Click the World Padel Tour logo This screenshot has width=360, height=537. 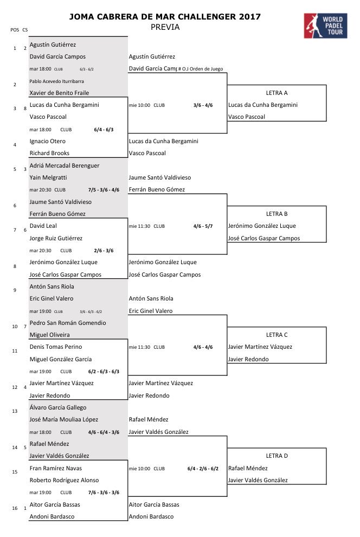coord(326,25)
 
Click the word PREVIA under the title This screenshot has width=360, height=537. coord(165,27)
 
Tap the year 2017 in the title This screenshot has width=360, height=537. coord(249,17)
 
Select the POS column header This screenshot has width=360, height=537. coord(15,29)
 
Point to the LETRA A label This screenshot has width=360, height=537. coord(277,93)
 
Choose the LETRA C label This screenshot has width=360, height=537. coord(277,335)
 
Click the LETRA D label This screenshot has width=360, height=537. coord(277,456)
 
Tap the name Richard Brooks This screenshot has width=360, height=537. coord(49,153)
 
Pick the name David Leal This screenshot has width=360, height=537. coord(43,226)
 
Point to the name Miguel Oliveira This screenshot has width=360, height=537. coord(49,335)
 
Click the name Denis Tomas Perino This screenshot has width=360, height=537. coord(55,347)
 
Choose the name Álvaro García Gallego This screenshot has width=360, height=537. coord(58,407)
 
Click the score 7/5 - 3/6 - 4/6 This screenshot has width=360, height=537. coord(104,190)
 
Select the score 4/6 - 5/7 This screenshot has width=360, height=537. coord(203,226)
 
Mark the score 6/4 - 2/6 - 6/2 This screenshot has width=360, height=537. coord(203,468)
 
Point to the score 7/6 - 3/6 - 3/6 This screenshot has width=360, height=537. coord(104,493)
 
